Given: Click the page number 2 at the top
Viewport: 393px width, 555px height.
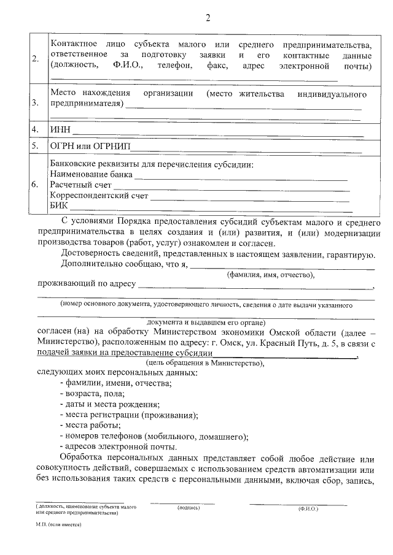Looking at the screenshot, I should [208, 17].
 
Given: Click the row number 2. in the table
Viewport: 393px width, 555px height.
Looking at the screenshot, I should [35, 59].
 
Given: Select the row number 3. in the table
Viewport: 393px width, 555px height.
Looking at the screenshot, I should [35, 102].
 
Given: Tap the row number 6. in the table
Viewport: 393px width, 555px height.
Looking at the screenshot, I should [35, 183].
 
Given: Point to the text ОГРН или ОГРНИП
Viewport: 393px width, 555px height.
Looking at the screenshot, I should [90, 147].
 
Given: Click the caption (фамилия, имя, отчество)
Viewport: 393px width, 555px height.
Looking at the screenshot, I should [271, 275].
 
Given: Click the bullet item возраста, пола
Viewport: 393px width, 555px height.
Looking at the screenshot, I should [93, 393].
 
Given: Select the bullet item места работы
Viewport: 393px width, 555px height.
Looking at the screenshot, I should [91, 425].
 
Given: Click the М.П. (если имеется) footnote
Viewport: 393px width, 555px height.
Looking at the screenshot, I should [59, 526].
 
